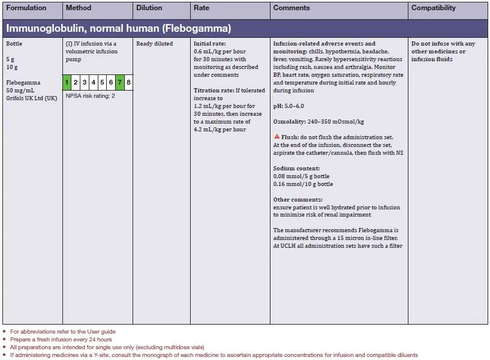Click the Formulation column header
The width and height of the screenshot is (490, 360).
pos(26,8)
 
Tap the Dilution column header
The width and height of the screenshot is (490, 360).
pos(149,8)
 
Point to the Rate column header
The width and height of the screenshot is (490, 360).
pos(202,8)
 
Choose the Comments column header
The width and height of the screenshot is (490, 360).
pos(291,8)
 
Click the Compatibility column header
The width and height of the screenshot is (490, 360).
pos(433,8)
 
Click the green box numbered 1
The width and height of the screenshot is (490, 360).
pos(67,82)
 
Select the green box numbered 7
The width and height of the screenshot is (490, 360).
pos(120,82)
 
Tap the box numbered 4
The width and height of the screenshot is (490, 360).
pos(94,82)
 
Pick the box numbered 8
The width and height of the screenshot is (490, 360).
pos(128,82)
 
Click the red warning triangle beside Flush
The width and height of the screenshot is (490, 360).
pos(276,137)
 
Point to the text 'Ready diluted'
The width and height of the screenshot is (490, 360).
pos(154,44)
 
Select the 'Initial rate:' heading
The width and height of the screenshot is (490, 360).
pos(209,44)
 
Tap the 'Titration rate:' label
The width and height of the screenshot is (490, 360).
pos(214,90)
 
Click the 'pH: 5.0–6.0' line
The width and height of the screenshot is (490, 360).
pos(288,106)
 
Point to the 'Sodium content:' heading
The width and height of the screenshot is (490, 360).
pos(296,169)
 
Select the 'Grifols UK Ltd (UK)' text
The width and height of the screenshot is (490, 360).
pos(31,98)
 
